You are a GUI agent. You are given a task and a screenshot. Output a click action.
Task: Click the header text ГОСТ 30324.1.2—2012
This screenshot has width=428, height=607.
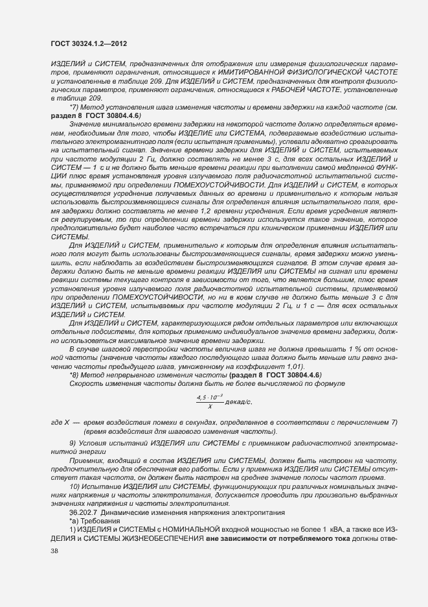88,43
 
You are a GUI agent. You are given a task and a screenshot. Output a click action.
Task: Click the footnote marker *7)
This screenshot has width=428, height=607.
74,106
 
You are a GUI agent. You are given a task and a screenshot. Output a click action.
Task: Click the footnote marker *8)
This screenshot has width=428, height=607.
74,375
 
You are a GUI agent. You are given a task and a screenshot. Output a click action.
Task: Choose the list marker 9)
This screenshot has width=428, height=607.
73,443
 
